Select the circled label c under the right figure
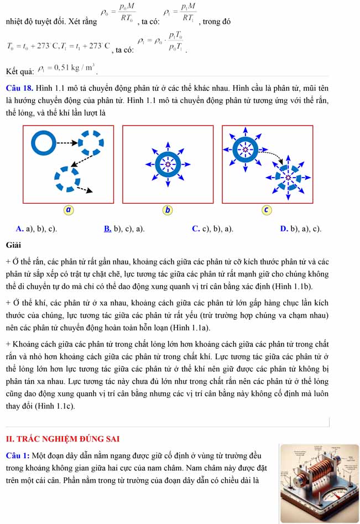pos(267,210)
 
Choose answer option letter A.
pos(19,229)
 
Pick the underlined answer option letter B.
pos(107,229)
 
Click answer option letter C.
pos(196,229)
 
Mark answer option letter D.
pos(283,229)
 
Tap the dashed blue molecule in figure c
pos(288,177)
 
